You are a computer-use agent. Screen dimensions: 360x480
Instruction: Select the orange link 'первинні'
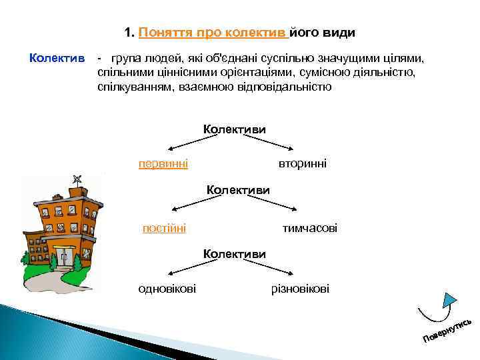click(163, 163)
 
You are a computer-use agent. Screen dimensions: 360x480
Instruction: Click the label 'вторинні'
click(302, 163)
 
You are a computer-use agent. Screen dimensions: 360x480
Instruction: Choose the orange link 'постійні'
click(164, 228)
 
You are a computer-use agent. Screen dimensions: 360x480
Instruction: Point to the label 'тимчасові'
click(309, 228)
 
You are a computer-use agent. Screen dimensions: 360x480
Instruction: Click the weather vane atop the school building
click(77, 179)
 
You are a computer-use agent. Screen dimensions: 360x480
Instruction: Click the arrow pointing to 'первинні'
click(185, 143)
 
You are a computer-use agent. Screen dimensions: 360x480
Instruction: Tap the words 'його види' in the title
click(323, 33)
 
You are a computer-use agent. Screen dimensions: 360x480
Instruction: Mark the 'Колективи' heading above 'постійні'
click(238, 190)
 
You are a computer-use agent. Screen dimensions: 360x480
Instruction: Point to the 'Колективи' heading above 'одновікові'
click(235, 254)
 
